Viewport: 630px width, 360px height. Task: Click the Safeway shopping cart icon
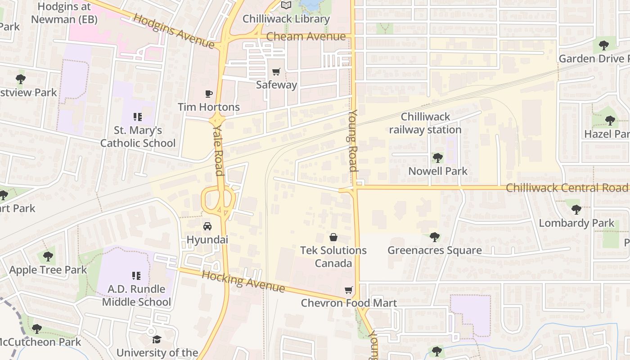coord(276,72)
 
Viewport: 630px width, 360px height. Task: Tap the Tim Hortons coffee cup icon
coord(208,94)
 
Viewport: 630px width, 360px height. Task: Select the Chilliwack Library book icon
coord(286,5)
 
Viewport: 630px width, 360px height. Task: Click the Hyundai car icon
coord(207,226)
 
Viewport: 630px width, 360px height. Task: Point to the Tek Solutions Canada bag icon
coord(333,237)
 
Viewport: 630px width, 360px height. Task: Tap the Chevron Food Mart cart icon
coord(348,290)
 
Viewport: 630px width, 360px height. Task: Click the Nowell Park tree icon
coord(437,158)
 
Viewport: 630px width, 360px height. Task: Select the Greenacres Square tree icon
coord(434,237)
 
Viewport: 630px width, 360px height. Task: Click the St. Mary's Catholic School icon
coord(138,117)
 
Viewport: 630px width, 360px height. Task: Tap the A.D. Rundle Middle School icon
coord(136,275)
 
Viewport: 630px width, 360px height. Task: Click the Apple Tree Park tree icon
coord(48,257)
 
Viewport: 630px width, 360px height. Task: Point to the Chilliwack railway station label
coord(425,123)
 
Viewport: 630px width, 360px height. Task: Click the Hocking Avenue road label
coord(243,281)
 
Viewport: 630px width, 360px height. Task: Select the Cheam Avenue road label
coord(306,37)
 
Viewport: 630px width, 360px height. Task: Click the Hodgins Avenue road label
coord(174,31)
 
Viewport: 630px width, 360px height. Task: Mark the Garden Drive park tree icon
coord(603,45)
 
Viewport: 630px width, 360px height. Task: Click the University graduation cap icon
coord(157,339)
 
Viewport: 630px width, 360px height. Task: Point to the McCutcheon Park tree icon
coord(37,329)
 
